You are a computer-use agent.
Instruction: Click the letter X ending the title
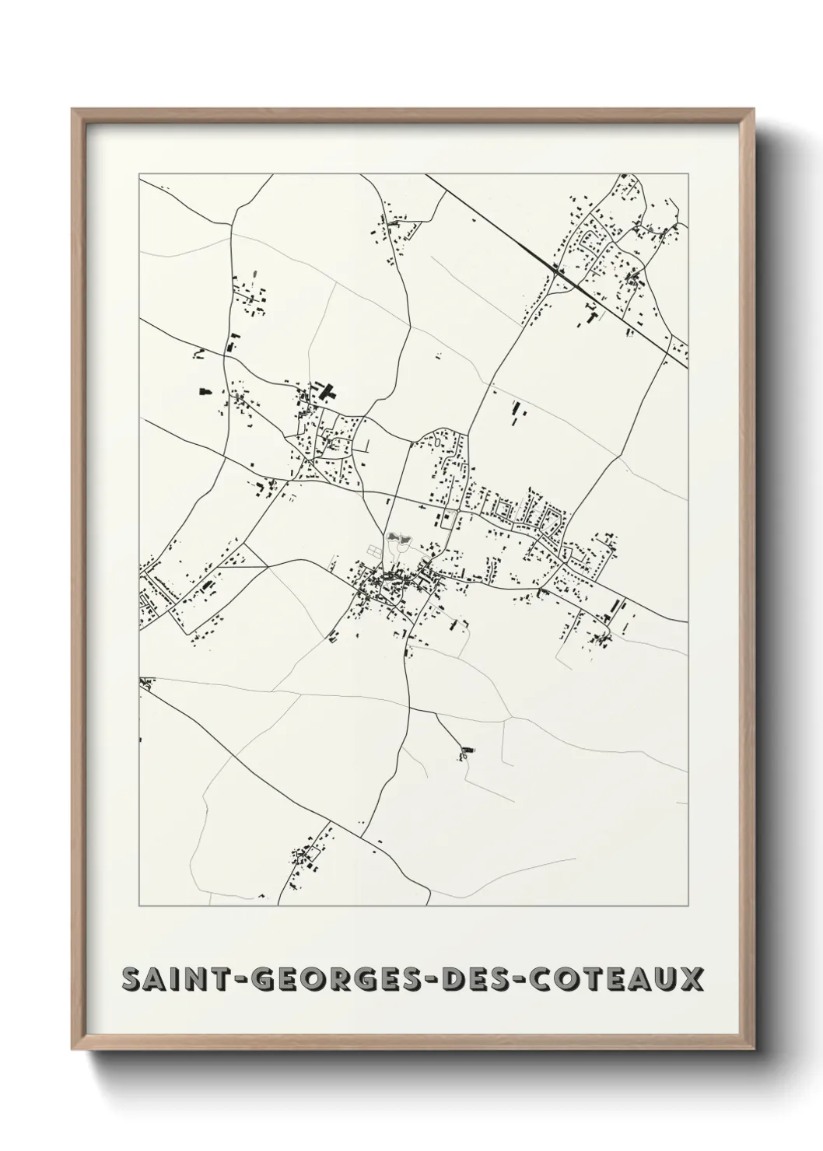click(692, 979)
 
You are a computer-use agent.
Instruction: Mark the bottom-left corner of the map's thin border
click(139, 905)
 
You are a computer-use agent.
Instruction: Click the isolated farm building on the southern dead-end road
click(467, 751)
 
